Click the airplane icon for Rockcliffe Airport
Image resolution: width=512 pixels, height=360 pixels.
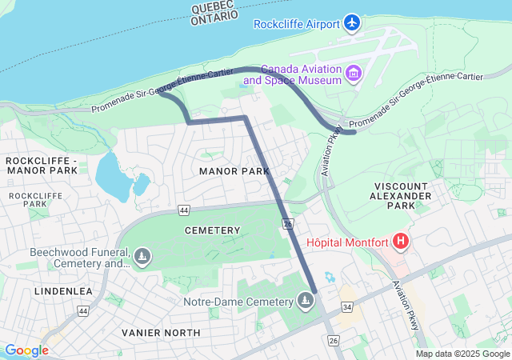pos(352,22)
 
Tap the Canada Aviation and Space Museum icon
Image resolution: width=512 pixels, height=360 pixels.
pos(354,75)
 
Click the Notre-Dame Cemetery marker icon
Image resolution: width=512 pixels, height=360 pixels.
pos(304,301)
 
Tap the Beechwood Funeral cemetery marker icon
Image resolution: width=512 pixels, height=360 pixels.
pos(142,257)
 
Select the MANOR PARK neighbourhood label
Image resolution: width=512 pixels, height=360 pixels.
pos(234,171)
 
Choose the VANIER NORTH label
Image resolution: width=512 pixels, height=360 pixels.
pos(156,332)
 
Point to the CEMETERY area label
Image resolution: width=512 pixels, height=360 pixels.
pos(212,230)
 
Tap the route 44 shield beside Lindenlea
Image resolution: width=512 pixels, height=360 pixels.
pos(82,310)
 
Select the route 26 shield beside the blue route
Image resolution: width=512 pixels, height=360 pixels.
pos(288,226)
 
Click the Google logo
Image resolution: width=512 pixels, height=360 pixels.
pos(26,350)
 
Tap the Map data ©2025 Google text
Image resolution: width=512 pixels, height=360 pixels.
pos(462,354)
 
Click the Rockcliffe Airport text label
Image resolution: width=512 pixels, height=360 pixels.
pos(296,23)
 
